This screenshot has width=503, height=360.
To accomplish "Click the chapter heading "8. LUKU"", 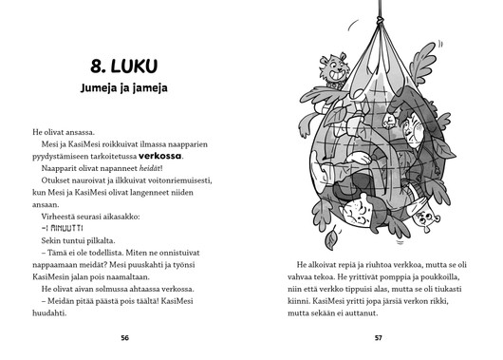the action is click(124, 66).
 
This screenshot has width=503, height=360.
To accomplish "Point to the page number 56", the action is click(124, 337).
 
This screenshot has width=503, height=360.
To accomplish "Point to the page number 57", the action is click(378, 337).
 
